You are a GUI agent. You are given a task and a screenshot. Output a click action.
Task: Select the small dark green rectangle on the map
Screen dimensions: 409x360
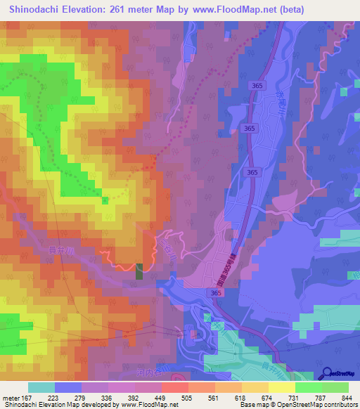click(139, 271)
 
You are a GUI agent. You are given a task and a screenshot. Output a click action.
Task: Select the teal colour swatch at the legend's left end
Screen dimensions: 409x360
click(41, 387)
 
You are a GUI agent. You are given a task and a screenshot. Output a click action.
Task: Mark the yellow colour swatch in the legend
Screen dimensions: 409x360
click(282, 387)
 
